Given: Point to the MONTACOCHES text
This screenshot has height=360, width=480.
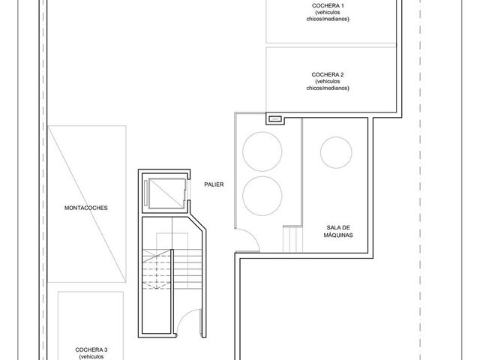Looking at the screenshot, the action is coord(86,208).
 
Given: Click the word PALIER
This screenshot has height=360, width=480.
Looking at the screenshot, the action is coord(214,184).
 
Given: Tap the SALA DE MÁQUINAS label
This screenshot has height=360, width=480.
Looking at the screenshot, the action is coord(338,231).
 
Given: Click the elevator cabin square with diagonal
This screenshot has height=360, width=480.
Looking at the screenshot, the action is coord(166,193).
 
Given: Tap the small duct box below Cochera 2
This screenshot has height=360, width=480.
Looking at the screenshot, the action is coord(275,118).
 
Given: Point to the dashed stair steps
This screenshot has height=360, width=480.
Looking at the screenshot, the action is coord(157,269).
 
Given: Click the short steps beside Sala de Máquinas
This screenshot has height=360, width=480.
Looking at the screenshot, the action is coord(292,238).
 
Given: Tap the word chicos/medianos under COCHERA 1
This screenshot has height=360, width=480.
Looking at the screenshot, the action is coord(328,19).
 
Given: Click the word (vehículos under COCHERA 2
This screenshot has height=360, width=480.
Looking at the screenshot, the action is coord(328,82).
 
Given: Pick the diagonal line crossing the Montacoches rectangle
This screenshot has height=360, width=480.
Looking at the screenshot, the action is coord(87,204).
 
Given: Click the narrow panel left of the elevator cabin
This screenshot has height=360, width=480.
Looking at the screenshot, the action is coord(145,193).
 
